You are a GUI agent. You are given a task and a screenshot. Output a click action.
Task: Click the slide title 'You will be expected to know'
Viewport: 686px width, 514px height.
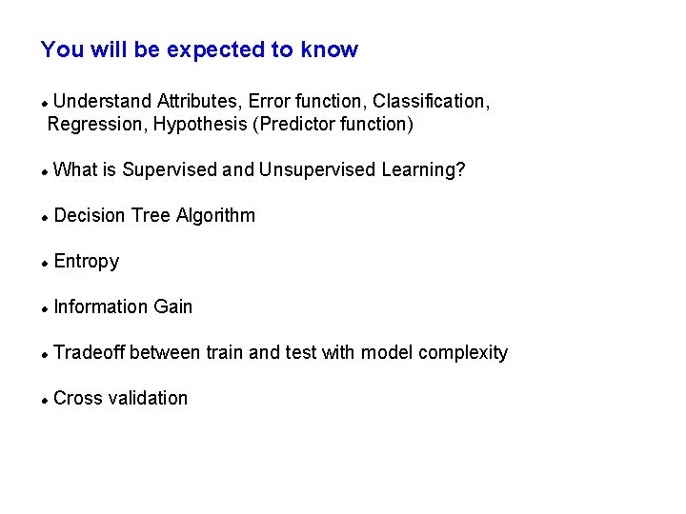click(199, 50)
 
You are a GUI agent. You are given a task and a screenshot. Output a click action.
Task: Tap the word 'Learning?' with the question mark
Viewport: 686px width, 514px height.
click(423, 170)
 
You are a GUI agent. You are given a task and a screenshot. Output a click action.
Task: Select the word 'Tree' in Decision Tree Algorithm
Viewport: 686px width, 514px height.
click(151, 215)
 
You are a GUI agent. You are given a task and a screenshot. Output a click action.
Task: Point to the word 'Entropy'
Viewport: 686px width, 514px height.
click(87, 262)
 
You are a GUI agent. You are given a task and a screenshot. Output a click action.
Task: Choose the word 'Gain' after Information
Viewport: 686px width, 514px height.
click(173, 306)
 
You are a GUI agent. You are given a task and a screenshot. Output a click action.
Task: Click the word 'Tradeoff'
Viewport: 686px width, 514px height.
click(90, 352)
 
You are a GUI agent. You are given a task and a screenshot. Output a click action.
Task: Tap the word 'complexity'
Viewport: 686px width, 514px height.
click(463, 352)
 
